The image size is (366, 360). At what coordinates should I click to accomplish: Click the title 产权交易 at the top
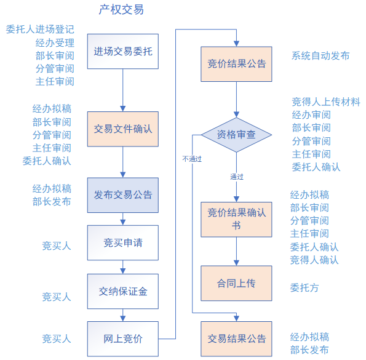[122, 10]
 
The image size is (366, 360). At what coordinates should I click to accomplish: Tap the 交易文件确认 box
[122, 129]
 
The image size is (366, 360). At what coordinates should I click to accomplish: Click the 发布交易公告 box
[122, 195]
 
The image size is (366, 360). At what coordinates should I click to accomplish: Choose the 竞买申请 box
[122, 242]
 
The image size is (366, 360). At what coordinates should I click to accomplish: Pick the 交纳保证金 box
[122, 291]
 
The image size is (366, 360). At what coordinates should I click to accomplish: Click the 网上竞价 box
[122, 338]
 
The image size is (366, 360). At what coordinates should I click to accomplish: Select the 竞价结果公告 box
[236, 63]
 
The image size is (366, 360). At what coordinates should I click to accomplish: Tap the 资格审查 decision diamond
[236, 134]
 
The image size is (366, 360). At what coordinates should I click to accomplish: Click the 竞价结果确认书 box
[236, 219]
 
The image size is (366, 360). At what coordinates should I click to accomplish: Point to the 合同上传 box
[236, 283]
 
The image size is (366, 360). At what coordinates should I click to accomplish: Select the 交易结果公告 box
[236, 338]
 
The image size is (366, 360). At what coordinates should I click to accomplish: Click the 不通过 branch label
[192, 158]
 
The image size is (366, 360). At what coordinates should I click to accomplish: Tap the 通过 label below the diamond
[237, 177]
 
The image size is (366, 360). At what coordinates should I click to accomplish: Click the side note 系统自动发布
[320, 55]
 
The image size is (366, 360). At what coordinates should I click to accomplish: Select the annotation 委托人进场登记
[40, 29]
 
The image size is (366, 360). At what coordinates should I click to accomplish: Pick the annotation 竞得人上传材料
[326, 102]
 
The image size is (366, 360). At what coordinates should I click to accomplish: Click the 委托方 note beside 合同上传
[304, 287]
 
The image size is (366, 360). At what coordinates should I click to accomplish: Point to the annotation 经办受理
[55, 42]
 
